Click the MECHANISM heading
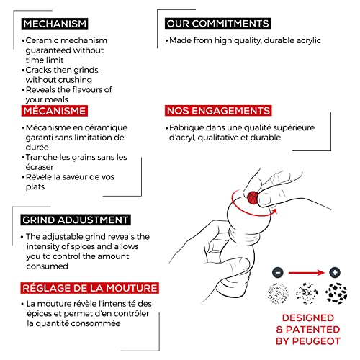(55, 24)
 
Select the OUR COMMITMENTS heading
(217, 24)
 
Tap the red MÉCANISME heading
(55, 111)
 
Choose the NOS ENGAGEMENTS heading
(218, 111)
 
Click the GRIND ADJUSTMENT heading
(76, 220)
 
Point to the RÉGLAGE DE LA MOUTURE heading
(90, 288)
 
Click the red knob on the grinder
(253, 198)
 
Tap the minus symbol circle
(278, 273)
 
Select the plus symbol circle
(335, 272)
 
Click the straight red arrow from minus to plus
(307, 273)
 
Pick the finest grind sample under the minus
(278, 293)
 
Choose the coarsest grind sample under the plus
(336, 293)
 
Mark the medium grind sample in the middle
(307, 293)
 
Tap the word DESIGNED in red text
(308, 318)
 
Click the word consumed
(48, 266)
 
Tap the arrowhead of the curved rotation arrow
(274, 211)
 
